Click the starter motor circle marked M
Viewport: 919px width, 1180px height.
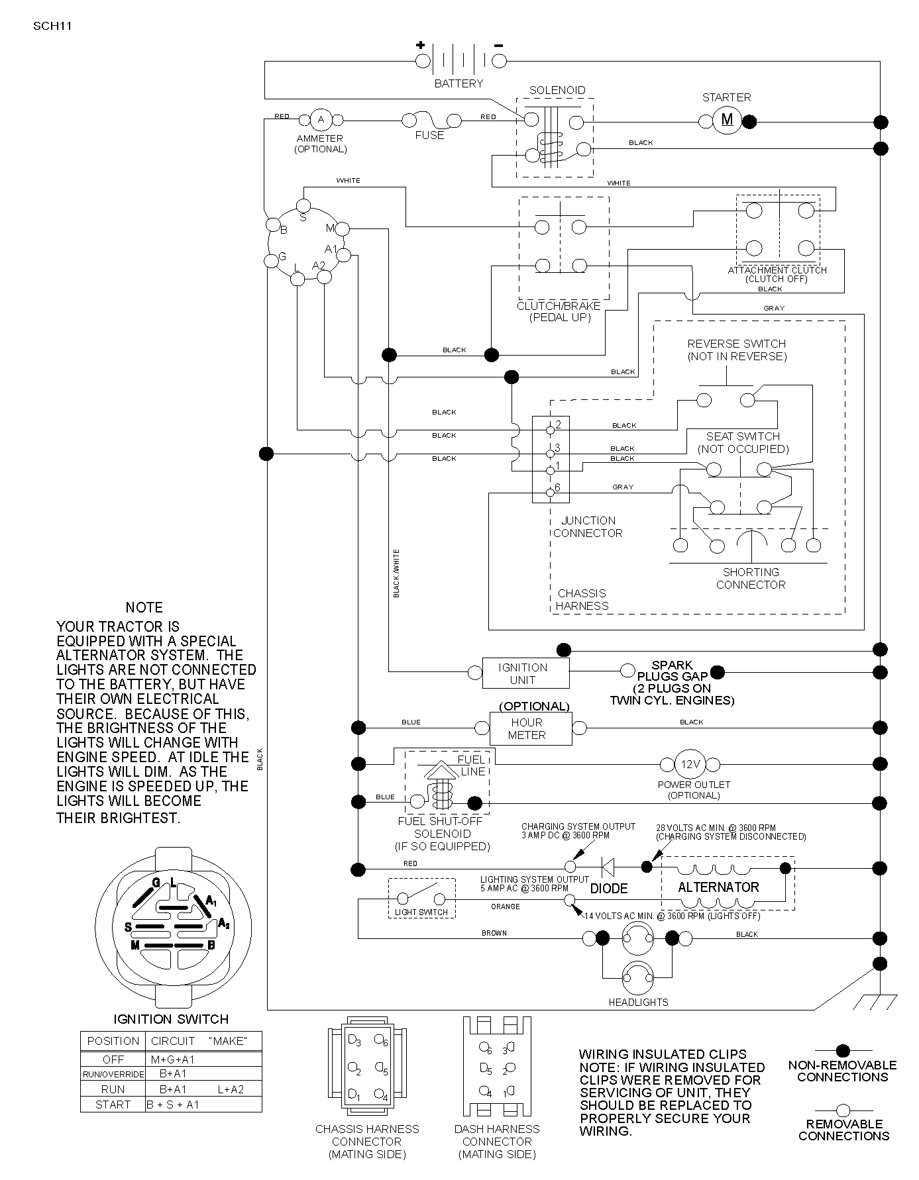click(727, 120)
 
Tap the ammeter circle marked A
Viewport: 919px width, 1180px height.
click(321, 120)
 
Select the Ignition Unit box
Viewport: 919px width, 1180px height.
click(524, 673)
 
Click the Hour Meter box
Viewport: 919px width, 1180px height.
click(530, 729)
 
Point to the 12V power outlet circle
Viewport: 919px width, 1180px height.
click(690, 765)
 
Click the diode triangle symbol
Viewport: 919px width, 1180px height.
click(606, 867)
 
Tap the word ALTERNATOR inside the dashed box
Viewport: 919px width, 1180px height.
click(718, 887)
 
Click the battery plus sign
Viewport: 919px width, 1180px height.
click(420, 45)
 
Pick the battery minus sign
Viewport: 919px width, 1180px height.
click(498, 45)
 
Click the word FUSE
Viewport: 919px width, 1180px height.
click(429, 135)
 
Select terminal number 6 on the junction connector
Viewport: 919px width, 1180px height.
click(557, 487)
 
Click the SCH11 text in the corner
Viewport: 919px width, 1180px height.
click(52, 26)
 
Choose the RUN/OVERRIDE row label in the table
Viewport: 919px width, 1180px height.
click(113, 1074)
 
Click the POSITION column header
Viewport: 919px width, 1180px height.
click(113, 1041)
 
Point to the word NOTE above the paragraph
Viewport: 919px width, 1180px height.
click(144, 608)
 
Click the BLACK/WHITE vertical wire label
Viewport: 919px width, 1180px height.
click(396, 573)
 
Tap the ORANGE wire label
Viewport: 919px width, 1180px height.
click(506, 907)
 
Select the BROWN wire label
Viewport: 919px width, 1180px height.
click(494, 933)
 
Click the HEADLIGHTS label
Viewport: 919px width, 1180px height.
click(638, 1003)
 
